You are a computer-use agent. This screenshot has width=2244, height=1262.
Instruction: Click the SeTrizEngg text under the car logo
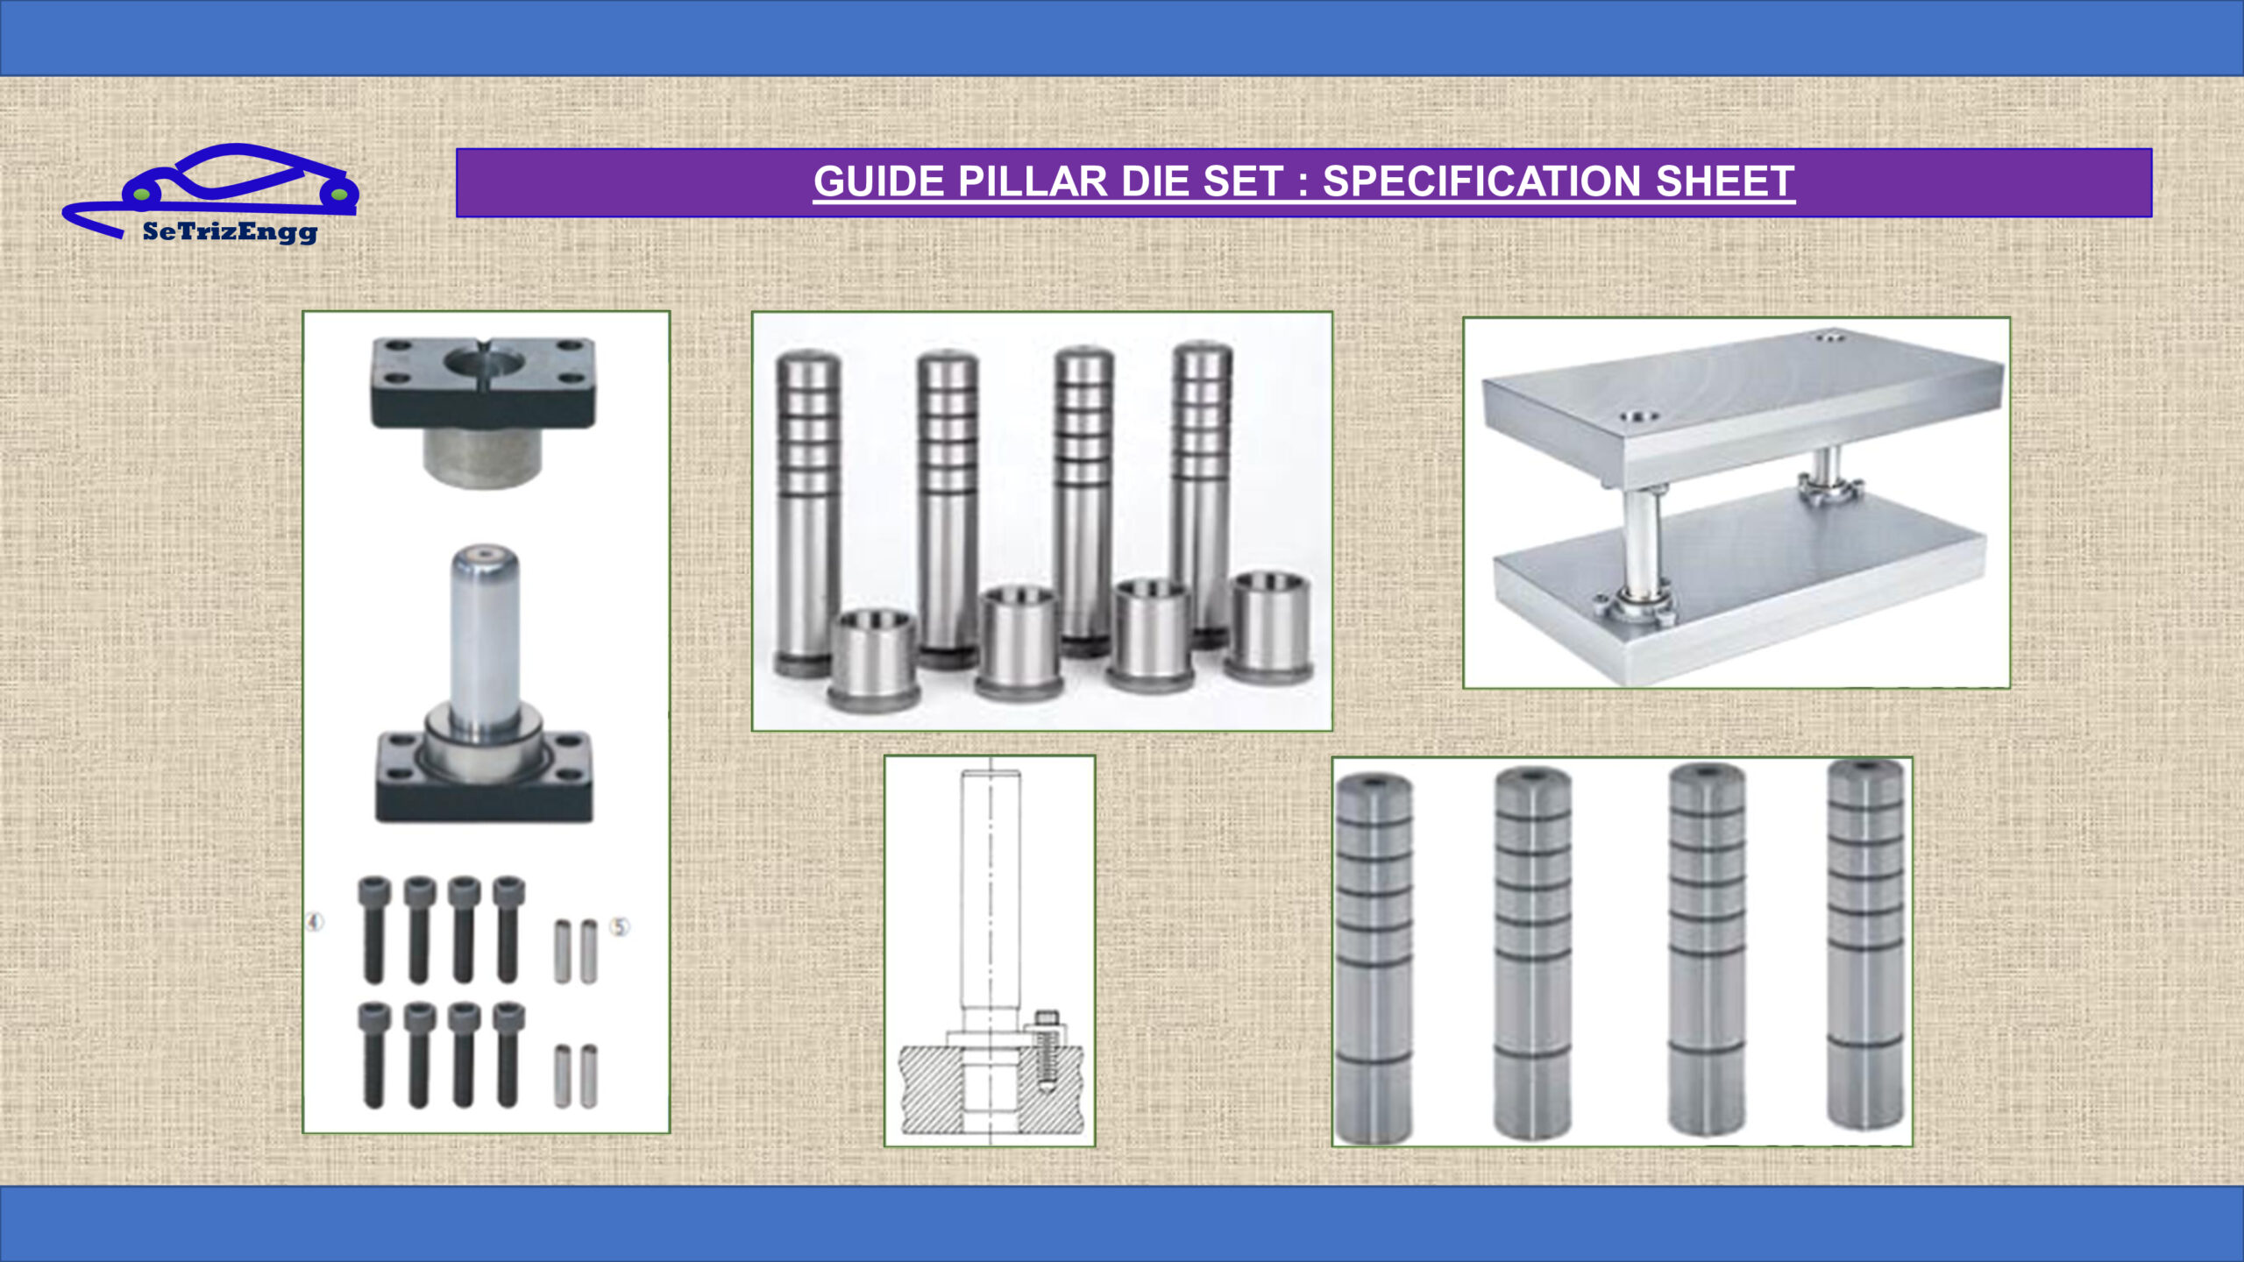click(230, 232)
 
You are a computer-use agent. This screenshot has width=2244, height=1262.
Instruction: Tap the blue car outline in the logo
click(210, 188)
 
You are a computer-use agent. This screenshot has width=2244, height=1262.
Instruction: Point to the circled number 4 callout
click(315, 922)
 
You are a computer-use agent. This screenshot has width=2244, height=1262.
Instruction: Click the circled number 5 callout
click(620, 926)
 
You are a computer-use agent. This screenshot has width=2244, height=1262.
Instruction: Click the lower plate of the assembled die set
click(1740, 587)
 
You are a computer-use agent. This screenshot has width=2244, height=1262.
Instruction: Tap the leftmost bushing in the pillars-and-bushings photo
click(873, 658)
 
